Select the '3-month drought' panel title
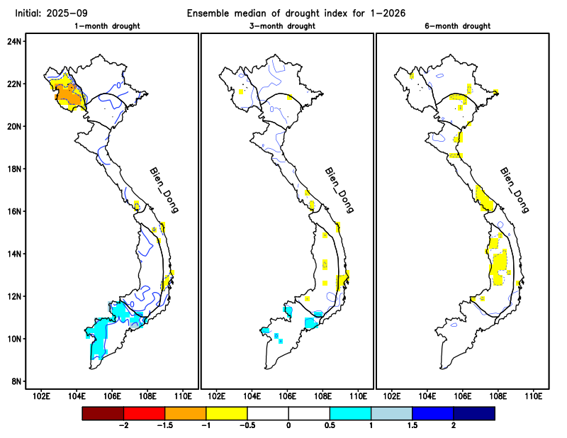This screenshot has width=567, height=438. (x=286, y=26)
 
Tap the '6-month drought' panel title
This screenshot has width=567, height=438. (x=461, y=26)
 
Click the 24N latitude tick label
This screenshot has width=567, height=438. (x=15, y=41)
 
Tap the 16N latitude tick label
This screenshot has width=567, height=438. (x=15, y=211)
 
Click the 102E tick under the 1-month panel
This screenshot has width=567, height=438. (x=41, y=395)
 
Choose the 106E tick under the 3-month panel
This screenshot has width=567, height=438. (x=287, y=395)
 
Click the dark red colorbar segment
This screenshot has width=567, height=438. (x=103, y=412)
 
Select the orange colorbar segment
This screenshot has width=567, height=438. (x=185, y=412)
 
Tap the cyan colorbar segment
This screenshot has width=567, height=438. (x=350, y=412)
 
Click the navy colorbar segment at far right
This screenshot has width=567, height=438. (x=473, y=412)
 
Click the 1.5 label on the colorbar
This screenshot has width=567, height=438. (x=412, y=425)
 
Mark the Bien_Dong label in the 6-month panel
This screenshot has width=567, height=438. (x=515, y=191)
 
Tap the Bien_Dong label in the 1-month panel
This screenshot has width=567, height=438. (x=164, y=191)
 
